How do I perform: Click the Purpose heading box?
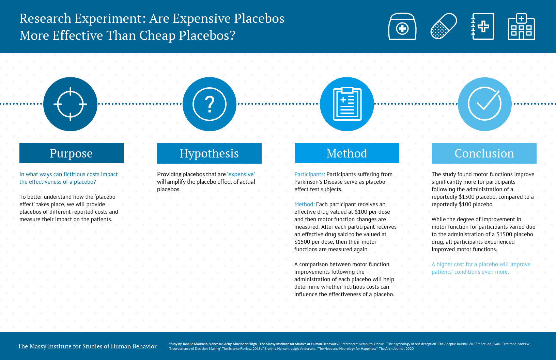coord(72,153)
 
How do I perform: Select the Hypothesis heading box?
coord(209,153)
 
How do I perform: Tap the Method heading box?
coord(346,153)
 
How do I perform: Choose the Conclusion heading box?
coord(484,153)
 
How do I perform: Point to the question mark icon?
coord(210,104)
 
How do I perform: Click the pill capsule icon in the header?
coord(444,26)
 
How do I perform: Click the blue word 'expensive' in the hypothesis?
coord(241,174)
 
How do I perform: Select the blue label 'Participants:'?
coord(310,174)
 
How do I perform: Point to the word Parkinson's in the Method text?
coord(309,182)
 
